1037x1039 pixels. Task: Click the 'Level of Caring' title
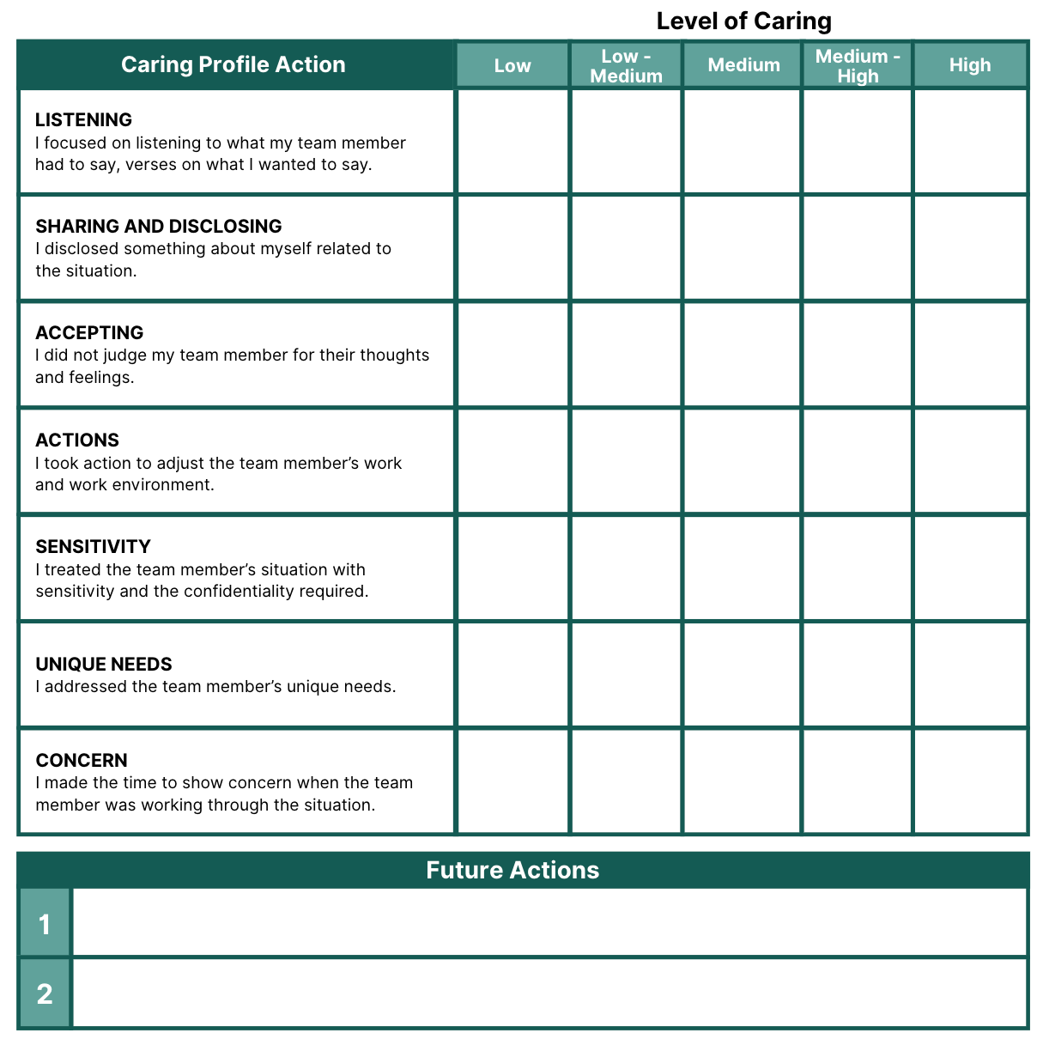click(x=743, y=21)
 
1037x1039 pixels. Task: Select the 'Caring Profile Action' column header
click(x=233, y=64)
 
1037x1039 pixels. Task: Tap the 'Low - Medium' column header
click(x=626, y=65)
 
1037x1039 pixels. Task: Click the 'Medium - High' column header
click(x=858, y=65)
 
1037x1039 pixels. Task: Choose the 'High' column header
click(x=970, y=65)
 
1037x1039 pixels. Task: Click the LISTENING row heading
click(x=83, y=119)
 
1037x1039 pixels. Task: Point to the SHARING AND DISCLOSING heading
click(x=159, y=226)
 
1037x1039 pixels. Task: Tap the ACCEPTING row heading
click(x=89, y=332)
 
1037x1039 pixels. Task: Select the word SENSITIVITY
click(x=93, y=546)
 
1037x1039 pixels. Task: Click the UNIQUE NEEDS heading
click(x=104, y=664)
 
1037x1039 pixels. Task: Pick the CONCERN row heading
click(x=82, y=760)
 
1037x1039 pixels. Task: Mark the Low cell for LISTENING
click(x=512, y=142)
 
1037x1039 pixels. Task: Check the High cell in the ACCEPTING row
click(x=970, y=355)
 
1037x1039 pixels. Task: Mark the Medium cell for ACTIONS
click(x=743, y=461)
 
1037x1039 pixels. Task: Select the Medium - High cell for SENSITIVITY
click(x=858, y=568)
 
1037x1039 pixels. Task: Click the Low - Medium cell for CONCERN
click(x=626, y=781)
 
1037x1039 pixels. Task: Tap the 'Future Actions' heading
click(x=512, y=870)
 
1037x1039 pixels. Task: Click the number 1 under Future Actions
click(x=45, y=924)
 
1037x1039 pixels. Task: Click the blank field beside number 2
click(x=549, y=993)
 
